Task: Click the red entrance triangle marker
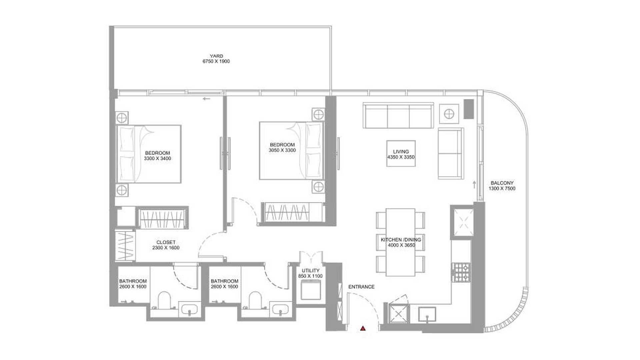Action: click(363, 329)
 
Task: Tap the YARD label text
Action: click(216, 56)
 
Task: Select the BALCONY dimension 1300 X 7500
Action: click(502, 188)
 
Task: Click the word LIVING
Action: click(401, 152)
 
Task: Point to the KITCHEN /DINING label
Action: click(401, 240)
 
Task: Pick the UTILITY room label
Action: click(311, 271)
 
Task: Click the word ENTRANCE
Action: click(361, 287)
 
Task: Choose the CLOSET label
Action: click(166, 242)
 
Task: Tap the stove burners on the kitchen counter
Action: click(461, 272)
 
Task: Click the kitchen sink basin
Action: click(427, 314)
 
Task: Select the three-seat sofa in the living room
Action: click(398, 116)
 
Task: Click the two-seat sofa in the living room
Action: click(451, 153)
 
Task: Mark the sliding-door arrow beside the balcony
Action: click(474, 185)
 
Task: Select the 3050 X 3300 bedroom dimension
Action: click(282, 150)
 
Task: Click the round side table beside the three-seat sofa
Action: click(449, 114)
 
